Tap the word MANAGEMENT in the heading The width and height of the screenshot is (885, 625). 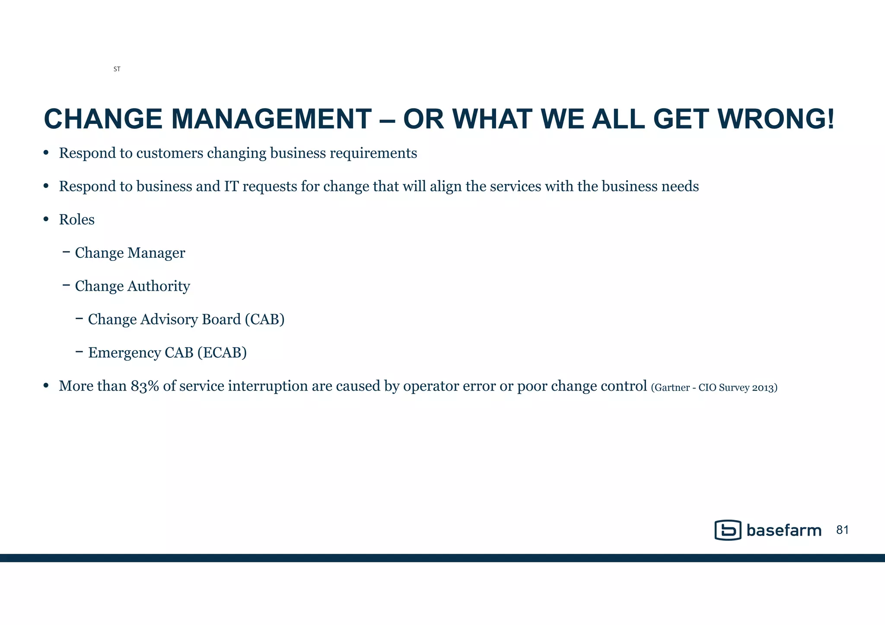(271, 119)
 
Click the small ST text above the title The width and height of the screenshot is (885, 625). (117, 69)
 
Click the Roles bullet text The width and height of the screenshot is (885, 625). (76, 220)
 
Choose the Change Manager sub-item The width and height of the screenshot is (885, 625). (130, 253)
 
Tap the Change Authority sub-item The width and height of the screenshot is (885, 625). (132, 286)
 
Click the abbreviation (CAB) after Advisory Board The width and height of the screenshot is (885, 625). (264, 320)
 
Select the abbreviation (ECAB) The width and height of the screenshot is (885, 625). (222, 353)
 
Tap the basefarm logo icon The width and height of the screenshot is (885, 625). (728, 530)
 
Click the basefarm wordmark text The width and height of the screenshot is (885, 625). (783, 530)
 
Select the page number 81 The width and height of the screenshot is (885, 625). (842, 530)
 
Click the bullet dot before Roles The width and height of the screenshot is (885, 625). (46, 219)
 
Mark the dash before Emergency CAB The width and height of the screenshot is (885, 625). (79, 352)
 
